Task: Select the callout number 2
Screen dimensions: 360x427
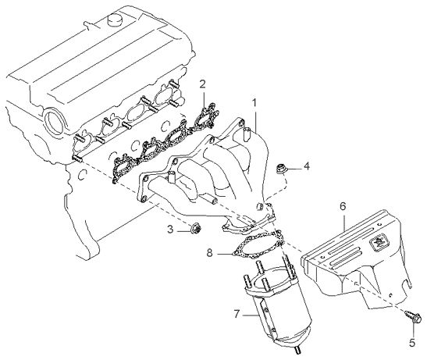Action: click(x=201, y=84)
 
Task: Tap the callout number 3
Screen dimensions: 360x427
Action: click(x=169, y=229)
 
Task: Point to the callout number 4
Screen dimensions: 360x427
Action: click(x=307, y=166)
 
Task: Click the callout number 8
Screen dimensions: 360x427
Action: click(x=210, y=252)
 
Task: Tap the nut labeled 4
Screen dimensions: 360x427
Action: click(x=283, y=167)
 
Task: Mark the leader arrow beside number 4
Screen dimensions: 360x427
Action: click(x=296, y=167)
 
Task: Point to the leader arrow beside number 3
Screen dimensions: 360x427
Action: click(x=181, y=229)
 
